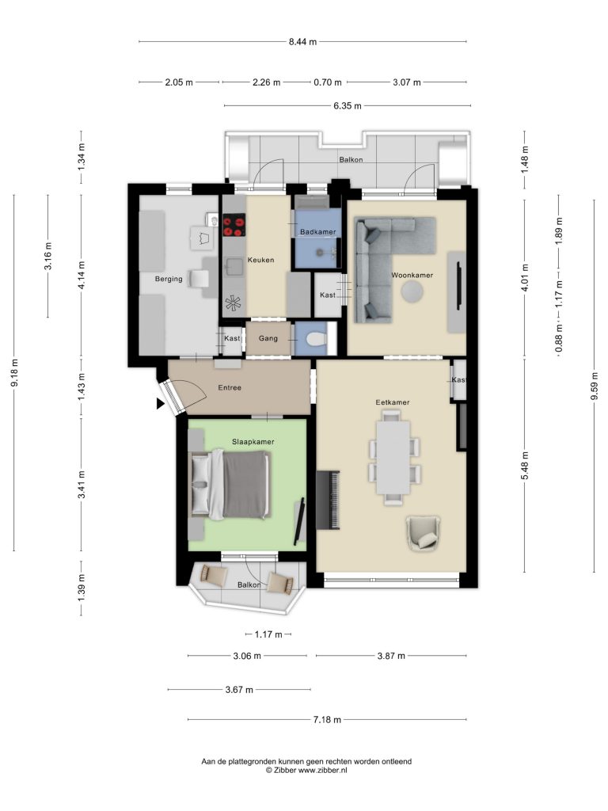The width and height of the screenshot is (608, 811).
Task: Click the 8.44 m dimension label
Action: (x=302, y=42)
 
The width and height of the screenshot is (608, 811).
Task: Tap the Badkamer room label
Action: (x=318, y=232)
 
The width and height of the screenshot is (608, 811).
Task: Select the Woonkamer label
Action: (x=412, y=275)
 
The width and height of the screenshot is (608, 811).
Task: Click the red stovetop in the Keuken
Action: (x=234, y=227)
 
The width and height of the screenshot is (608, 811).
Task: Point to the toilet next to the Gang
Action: (x=315, y=340)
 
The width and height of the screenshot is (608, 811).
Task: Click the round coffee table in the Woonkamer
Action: (x=412, y=291)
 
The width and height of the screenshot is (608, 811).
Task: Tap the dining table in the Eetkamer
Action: (x=393, y=457)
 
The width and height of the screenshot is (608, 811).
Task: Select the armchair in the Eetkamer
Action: (x=424, y=533)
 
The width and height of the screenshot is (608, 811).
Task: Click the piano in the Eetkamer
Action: (x=328, y=500)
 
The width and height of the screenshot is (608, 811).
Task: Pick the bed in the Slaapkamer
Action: (x=230, y=484)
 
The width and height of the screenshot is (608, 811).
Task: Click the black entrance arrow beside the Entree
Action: (x=161, y=403)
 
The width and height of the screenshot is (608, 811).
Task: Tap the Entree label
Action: (x=230, y=387)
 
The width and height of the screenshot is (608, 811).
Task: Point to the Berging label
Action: (x=169, y=279)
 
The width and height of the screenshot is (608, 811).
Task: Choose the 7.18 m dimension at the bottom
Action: (x=327, y=719)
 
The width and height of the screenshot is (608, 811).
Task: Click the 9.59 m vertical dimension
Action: (x=595, y=386)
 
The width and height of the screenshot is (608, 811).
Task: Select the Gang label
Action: (x=268, y=338)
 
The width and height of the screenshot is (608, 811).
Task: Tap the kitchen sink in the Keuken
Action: (x=234, y=268)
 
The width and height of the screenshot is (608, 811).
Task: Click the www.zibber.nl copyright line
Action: (x=306, y=770)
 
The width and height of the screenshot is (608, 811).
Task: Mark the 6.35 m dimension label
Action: (x=348, y=106)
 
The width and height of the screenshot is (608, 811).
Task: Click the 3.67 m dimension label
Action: (x=239, y=690)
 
